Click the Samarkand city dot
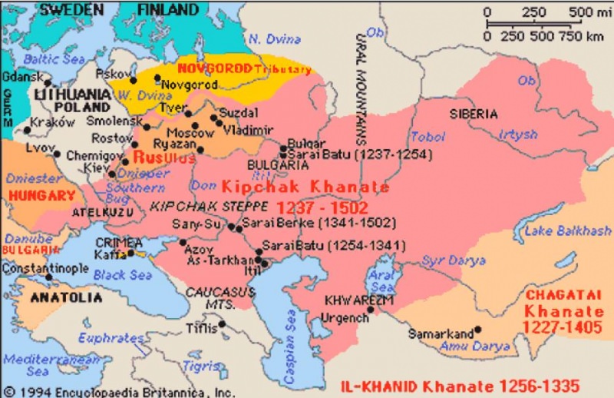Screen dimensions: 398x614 pos(477,330)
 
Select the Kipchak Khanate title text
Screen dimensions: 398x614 pos(305,187)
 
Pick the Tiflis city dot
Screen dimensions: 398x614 pos(222,324)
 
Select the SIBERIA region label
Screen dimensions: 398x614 pos(474,114)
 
